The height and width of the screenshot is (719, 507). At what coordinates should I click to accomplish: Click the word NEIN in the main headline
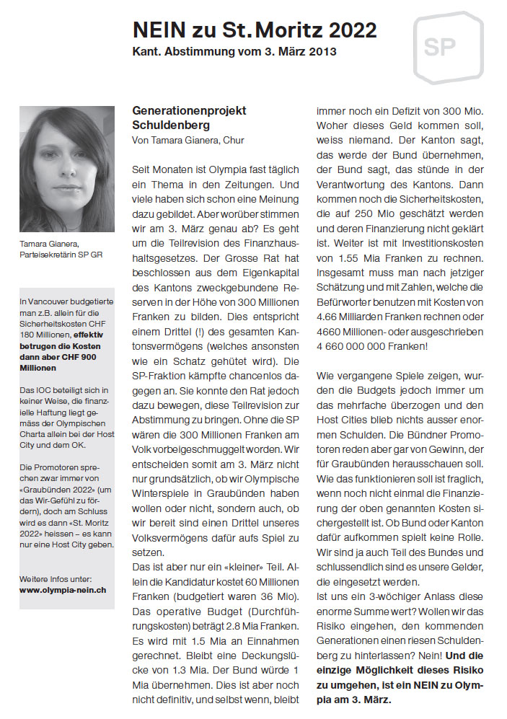coord(159,30)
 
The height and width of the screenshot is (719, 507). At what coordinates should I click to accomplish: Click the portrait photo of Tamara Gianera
coord(66,169)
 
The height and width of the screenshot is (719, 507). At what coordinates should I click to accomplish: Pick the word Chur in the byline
coord(234,139)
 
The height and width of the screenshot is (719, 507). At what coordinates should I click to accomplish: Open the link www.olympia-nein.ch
coord(63,589)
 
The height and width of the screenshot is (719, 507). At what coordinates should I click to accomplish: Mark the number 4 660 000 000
coord(350,346)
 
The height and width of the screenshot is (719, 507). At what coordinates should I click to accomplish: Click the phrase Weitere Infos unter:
coord(56,578)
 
